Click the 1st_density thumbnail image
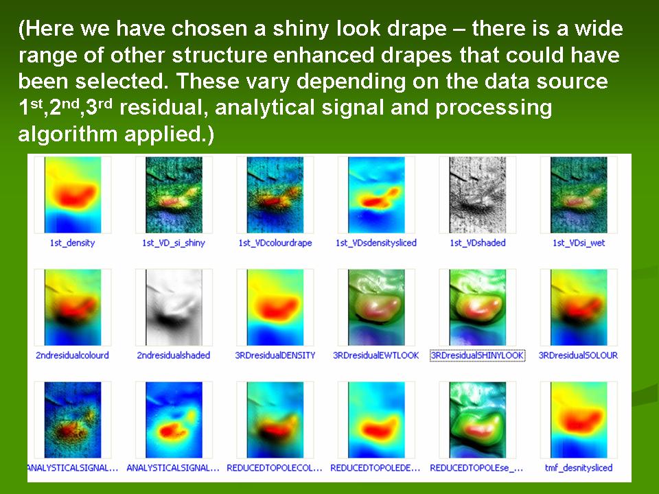coord(73,195)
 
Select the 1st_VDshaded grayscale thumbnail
coord(478,195)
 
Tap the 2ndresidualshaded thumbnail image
coord(174,307)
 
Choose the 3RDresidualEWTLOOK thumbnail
coord(376,307)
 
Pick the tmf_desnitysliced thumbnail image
coord(579,420)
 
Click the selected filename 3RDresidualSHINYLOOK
coord(478,355)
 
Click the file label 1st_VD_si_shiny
coord(174,243)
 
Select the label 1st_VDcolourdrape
coord(275,243)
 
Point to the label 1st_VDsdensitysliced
coord(376,243)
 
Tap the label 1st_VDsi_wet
coord(579,243)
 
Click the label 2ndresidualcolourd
coord(72,355)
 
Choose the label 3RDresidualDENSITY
coord(275,355)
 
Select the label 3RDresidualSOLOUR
coord(578,355)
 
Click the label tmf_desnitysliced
coord(579,467)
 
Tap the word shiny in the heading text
coord(301,29)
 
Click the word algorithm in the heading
coord(68,134)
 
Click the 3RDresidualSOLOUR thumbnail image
coord(579,307)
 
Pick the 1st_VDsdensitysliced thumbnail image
coord(376,195)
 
